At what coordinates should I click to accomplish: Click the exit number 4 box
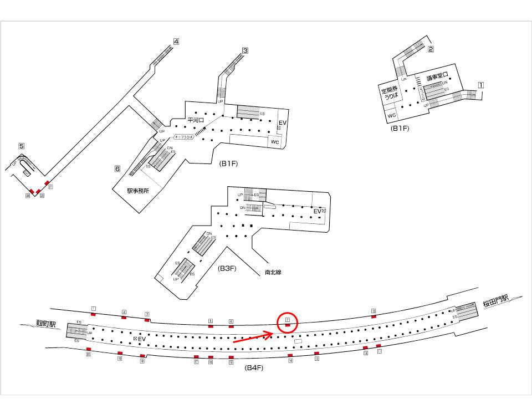[176, 41]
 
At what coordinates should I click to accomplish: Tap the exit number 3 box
[244, 50]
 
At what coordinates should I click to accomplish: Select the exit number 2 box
[431, 49]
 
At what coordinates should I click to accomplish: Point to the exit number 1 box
[481, 85]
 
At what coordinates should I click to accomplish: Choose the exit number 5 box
[21, 146]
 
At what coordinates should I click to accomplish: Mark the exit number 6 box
[117, 168]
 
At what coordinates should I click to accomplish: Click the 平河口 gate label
[197, 120]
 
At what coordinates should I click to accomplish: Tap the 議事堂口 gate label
[436, 77]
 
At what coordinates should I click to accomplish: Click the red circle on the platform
[288, 322]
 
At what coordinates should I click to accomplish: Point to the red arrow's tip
[272, 333]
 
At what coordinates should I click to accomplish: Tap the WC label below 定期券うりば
[392, 116]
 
